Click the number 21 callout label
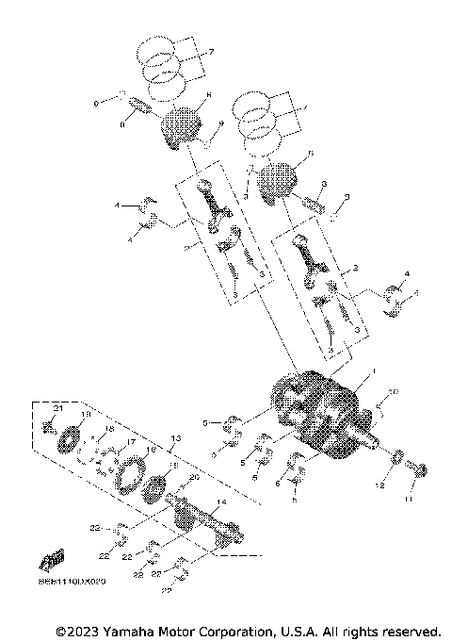coord(56,407)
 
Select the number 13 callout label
coord(174,439)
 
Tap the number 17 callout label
coord(131,443)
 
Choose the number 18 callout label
coord(109,430)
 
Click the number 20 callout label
coord(195,479)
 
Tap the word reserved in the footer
coord(412,630)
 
